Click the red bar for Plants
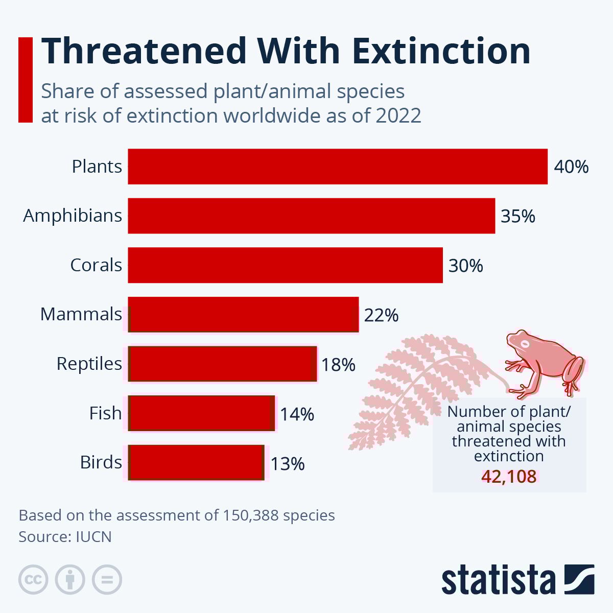click(337, 167)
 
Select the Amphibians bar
click(311, 216)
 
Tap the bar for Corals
click(285, 265)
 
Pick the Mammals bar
click(243, 315)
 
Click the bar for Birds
click(196, 463)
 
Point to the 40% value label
click(571, 167)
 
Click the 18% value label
click(338, 365)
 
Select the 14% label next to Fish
click(297, 414)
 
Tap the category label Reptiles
click(89, 364)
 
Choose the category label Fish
click(105, 413)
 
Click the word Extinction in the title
click(440, 51)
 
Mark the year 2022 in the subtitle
click(398, 116)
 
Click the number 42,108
click(509, 477)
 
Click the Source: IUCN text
click(65, 537)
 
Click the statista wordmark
click(499, 580)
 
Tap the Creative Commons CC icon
click(33, 580)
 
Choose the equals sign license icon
click(107, 580)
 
